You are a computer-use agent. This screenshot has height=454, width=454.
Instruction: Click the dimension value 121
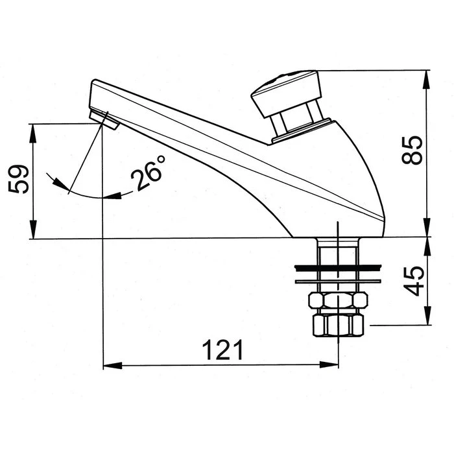tap(222, 350)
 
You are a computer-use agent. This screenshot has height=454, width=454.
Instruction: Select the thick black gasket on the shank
tap(338, 267)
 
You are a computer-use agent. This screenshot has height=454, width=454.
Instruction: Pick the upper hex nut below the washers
tap(338, 301)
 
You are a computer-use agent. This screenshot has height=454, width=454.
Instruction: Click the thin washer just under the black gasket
tap(338, 281)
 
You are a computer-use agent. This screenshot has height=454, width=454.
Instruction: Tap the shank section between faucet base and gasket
tap(338, 251)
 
